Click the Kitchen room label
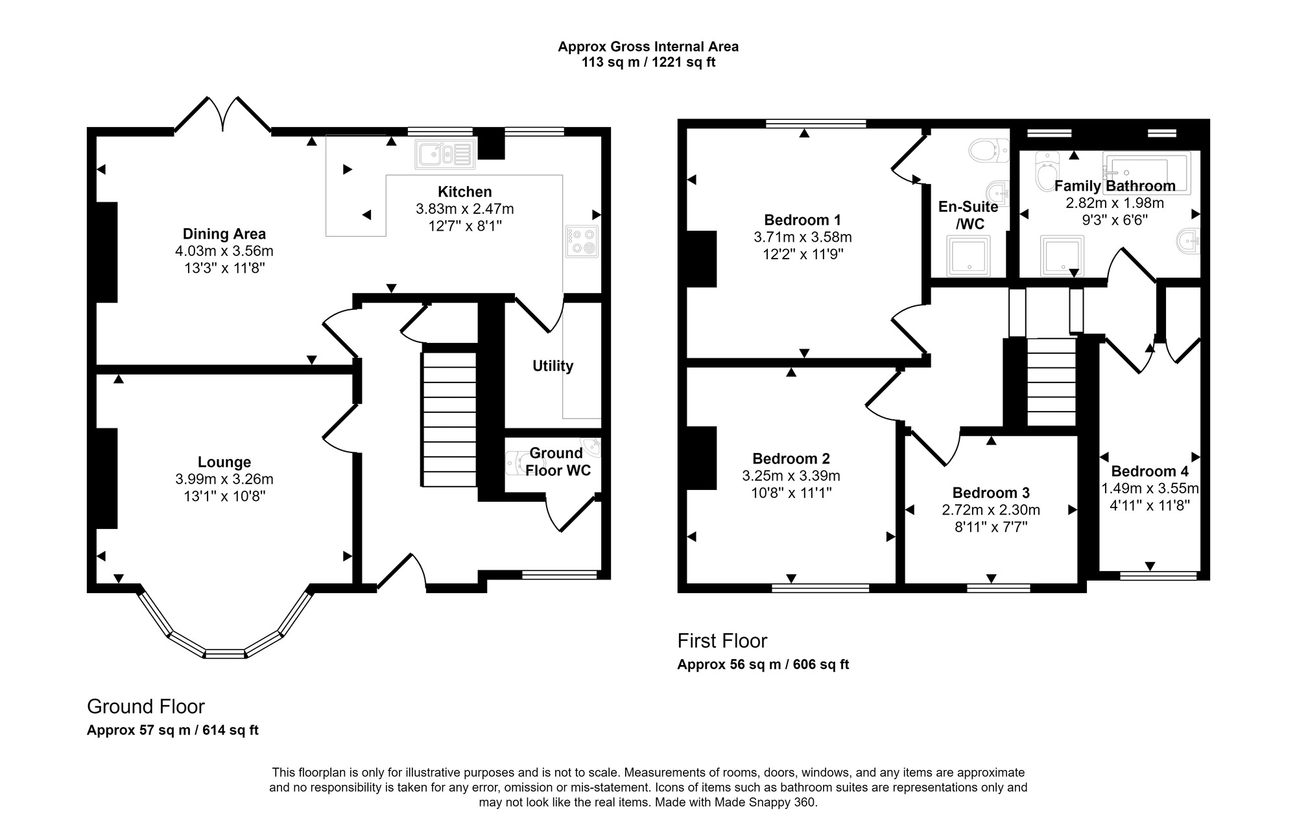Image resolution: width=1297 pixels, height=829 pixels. point(464,192)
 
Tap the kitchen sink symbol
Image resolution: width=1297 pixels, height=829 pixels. point(445,154)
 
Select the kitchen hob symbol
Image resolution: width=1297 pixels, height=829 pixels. point(582,241)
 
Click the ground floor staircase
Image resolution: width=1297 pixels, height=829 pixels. point(449,418)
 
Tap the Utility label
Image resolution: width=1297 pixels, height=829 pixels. point(553,366)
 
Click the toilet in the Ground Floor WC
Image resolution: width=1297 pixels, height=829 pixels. point(517,461)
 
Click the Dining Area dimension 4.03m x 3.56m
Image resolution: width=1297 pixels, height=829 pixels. point(224,251)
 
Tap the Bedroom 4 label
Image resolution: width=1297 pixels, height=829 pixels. point(1149,471)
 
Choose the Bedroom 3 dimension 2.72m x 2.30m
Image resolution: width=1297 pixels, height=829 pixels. point(990,510)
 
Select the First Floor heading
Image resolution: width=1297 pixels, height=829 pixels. point(722,641)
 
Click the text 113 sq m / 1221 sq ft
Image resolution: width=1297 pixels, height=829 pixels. point(648,63)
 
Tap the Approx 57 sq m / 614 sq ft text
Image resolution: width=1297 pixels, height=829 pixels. point(173,730)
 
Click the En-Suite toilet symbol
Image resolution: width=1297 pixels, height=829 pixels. point(988,151)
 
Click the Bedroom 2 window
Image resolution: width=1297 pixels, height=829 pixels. point(820,588)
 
